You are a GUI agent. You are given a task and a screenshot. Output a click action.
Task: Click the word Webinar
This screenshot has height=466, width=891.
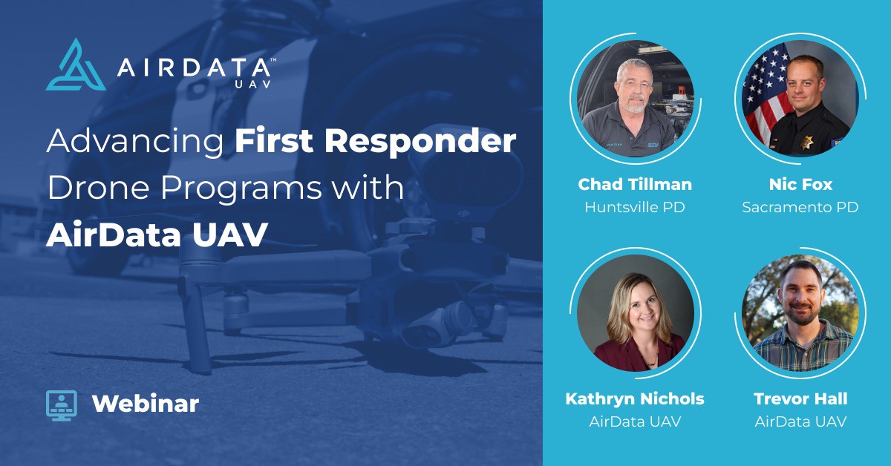coord(146,404)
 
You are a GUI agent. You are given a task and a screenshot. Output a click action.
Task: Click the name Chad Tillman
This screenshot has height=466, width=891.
coord(635,184)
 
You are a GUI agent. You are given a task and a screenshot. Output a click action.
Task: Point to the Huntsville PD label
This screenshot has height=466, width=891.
coord(635,207)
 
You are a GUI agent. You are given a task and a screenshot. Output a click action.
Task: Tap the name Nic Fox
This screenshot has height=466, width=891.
coord(800,184)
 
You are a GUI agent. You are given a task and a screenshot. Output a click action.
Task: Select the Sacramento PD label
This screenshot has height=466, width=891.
coord(800,207)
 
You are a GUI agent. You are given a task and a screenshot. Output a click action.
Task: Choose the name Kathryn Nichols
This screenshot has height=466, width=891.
coord(635,399)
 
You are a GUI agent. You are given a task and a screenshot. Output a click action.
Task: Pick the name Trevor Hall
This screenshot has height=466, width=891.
coord(800,399)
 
